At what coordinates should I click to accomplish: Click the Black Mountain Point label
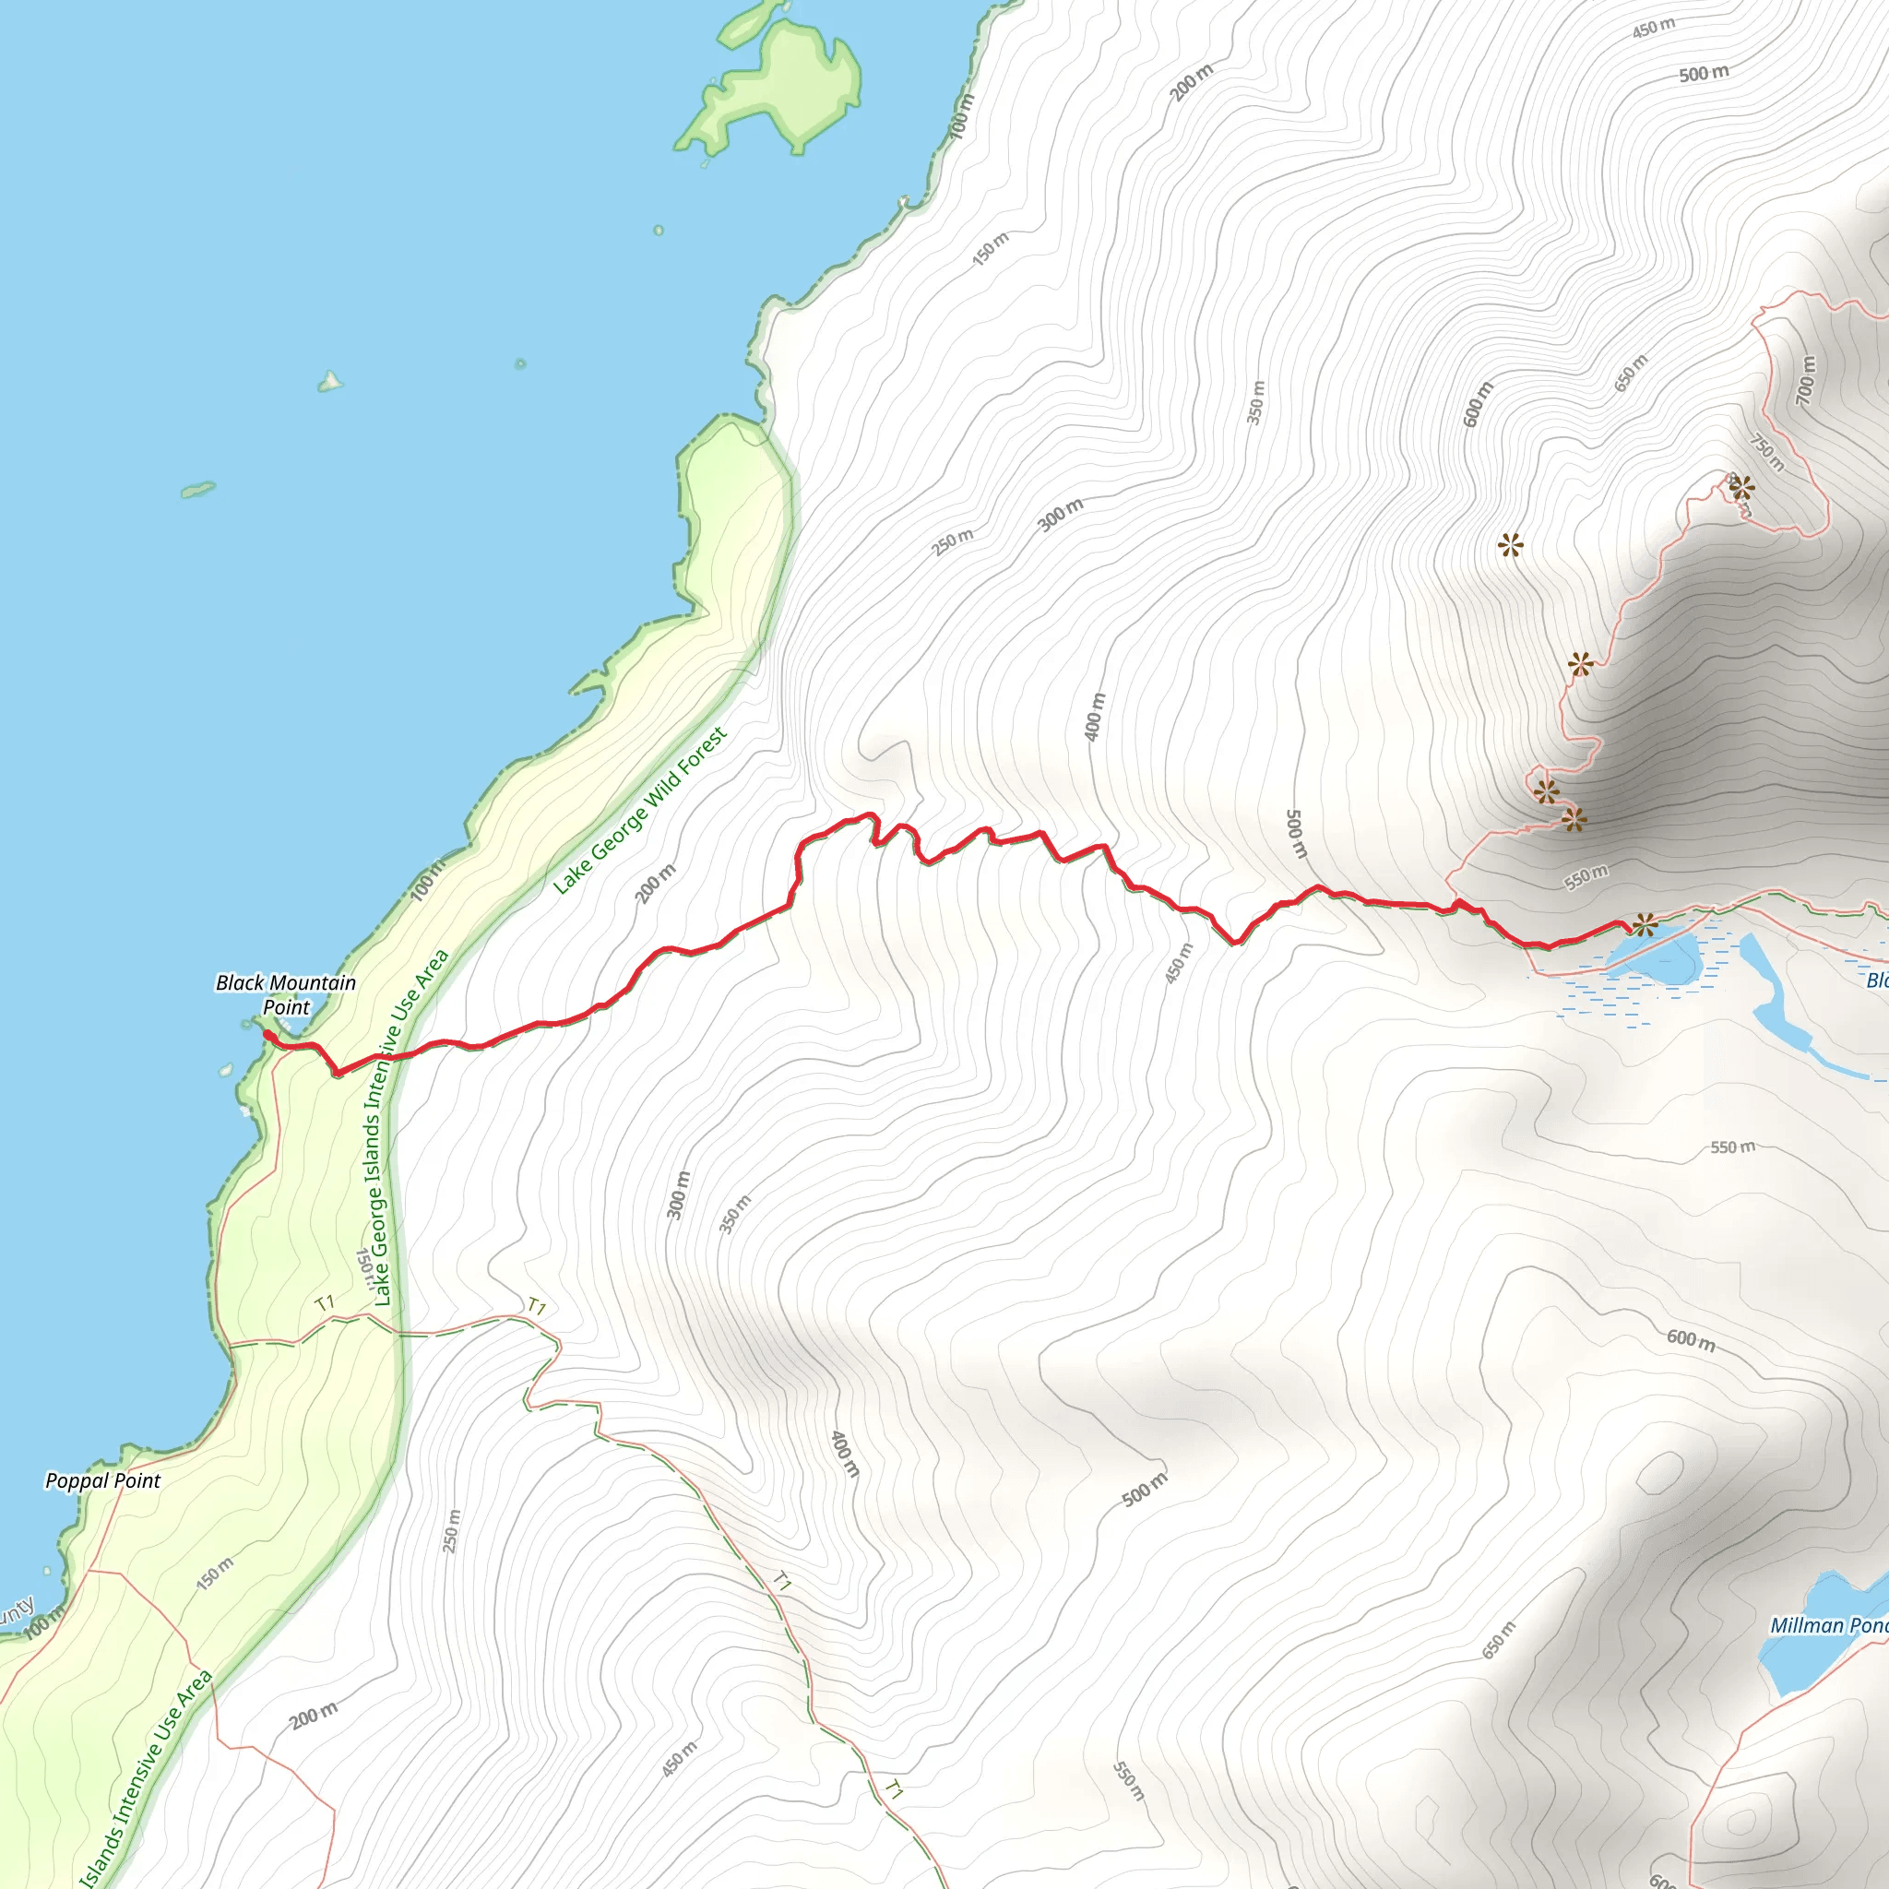coord(286,994)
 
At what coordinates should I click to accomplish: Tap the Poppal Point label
coord(102,1480)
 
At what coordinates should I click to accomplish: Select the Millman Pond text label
coord(1826,1625)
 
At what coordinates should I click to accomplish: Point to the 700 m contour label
coord(1806,380)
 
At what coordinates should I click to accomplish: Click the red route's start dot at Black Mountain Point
coord(267,1035)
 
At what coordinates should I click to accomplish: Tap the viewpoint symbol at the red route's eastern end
coord(1645,924)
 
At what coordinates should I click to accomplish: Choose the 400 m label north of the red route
coord(1096,717)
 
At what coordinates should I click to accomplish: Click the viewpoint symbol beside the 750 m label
coord(1741,487)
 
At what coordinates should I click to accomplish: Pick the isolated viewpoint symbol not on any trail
coord(1511,544)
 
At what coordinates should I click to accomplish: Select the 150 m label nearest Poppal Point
coord(215,1574)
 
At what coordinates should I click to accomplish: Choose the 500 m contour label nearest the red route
coord(1296,833)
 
